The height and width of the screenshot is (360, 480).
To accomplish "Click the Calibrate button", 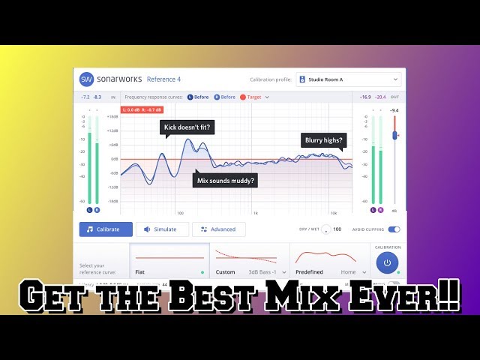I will [x=106, y=229].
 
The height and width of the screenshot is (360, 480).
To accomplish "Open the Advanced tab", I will [x=218, y=229].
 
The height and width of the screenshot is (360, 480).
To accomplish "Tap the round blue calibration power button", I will [x=387, y=262].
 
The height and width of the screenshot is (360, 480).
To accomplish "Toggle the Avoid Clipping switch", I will [x=394, y=229].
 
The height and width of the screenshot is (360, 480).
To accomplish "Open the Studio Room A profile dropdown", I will [x=349, y=79].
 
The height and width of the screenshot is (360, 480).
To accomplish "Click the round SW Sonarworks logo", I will [x=87, y=79].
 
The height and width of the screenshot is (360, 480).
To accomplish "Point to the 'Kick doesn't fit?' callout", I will [x=187, y=128].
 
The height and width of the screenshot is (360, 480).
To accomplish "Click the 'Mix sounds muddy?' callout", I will [x=226, y=180].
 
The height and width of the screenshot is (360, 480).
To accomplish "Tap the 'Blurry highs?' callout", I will [x=324, y=140].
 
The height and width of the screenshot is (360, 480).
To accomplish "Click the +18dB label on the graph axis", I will [x=112, y=117].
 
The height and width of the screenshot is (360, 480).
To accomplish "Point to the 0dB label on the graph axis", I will [x=114, y=159].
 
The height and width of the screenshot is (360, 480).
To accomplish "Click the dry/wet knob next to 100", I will [x=325, y=229].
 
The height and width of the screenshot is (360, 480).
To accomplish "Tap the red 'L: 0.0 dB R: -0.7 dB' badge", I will [x=143, y=110].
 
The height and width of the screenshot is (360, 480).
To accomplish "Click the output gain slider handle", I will [x=394, y=135].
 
